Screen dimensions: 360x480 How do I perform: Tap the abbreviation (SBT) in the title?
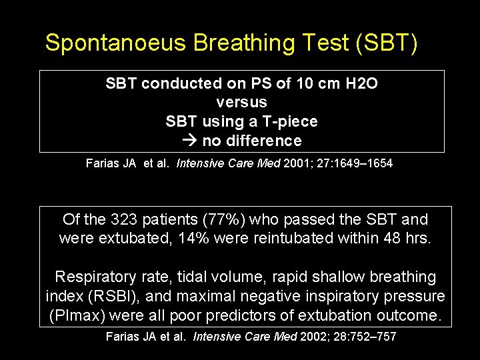(x=387, y=43)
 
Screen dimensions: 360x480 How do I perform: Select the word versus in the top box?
(x=242, y=103)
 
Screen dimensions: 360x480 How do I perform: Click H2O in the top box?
(x=361, y=84)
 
